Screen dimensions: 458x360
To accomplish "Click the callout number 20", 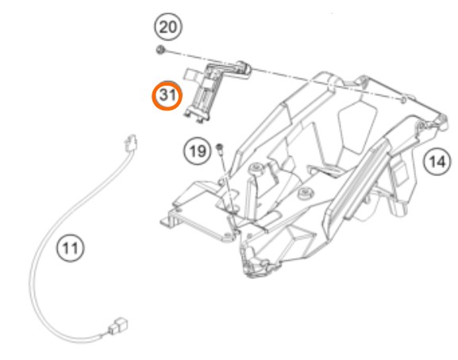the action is [x=168, y=27].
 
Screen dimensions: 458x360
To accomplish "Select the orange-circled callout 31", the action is [x=167, y=95].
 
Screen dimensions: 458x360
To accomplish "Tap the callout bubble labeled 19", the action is [x=197, y=151].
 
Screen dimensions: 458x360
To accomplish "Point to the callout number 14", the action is [x=437, y=161].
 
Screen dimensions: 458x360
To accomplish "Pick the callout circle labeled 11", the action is [x=70, y=248].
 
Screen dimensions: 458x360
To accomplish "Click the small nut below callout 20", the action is [x=160, y=50].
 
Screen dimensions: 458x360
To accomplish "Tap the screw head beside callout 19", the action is [x=220, y=147].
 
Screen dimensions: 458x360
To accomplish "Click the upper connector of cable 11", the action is [x=130, y=144].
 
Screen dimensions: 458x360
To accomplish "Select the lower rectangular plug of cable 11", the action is [x=118, y=326].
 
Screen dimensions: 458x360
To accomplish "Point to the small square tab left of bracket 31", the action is [x=191, y=74].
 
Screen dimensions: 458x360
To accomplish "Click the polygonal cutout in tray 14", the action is [x=357, y=126].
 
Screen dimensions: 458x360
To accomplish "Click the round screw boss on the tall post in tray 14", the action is [x=256, y=168].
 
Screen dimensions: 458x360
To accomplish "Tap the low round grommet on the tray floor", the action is [x=306, y=193].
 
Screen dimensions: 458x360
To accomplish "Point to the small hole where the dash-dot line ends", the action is [x=402, y=100].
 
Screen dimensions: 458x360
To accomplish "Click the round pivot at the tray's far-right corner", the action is [x=441, y=119].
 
